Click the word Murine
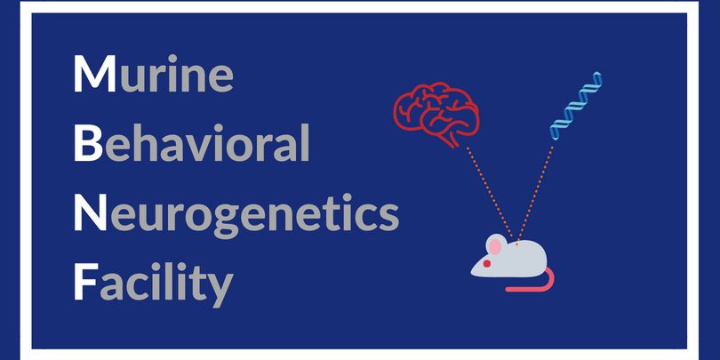point(154,73)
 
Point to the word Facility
point(154,284)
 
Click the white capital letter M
point(95,74)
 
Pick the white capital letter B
point(88,143)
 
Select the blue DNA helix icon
point(576,106)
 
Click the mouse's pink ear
point(494,247)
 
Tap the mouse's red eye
point(487,264)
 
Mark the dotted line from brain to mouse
point(490,192)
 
